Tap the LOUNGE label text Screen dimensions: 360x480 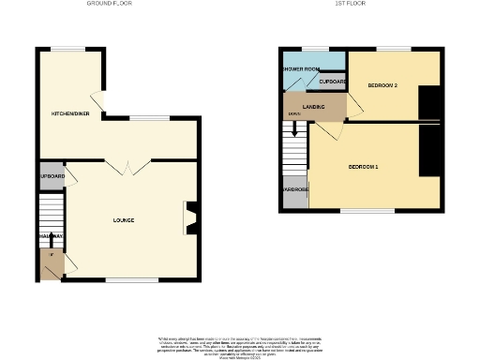(123, 220)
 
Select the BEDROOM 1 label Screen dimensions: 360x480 (363, 167)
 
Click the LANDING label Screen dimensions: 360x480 (314, 106)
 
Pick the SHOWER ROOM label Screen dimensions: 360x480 (300, 68)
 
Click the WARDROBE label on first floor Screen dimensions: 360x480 (295, 190)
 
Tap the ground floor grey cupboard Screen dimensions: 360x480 (52, 176)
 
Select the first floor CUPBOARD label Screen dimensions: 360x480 (333, 82)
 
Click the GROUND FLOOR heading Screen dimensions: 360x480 (109, 4)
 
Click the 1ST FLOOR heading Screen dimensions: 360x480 (350, 4)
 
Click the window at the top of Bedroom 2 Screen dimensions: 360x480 (393, 48)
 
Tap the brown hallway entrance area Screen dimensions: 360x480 (52, 263)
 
